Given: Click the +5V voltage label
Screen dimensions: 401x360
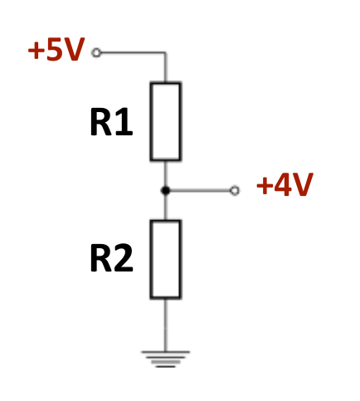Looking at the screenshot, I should point(56,51).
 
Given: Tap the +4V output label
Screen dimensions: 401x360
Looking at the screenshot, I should point(284,185).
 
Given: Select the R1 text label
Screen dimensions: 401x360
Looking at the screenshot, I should point(111,123).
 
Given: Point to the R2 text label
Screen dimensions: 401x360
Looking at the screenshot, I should point(111,260).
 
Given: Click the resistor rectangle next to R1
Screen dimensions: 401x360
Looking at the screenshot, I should point(165,121).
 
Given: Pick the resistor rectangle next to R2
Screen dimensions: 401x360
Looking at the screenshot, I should point(165,259).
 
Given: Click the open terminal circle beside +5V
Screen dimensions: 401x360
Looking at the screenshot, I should point(96,52).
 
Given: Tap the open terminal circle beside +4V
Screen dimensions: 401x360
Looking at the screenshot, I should point(235,191).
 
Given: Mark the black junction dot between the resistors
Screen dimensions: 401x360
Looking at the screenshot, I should point(165,191).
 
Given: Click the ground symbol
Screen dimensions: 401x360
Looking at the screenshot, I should point(165,358).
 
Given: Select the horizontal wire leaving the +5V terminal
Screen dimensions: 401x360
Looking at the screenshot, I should point(131,52).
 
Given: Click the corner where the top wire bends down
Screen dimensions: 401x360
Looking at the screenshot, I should point(165,53).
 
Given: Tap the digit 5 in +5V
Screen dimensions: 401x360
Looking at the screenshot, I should point(56,51).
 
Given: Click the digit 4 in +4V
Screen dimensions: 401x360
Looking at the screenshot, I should point(284,185).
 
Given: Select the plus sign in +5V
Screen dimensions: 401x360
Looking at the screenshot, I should point(36,51).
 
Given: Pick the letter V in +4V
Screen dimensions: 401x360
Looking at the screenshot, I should point(302,185).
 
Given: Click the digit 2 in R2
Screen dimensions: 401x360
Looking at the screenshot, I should point(123,260).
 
